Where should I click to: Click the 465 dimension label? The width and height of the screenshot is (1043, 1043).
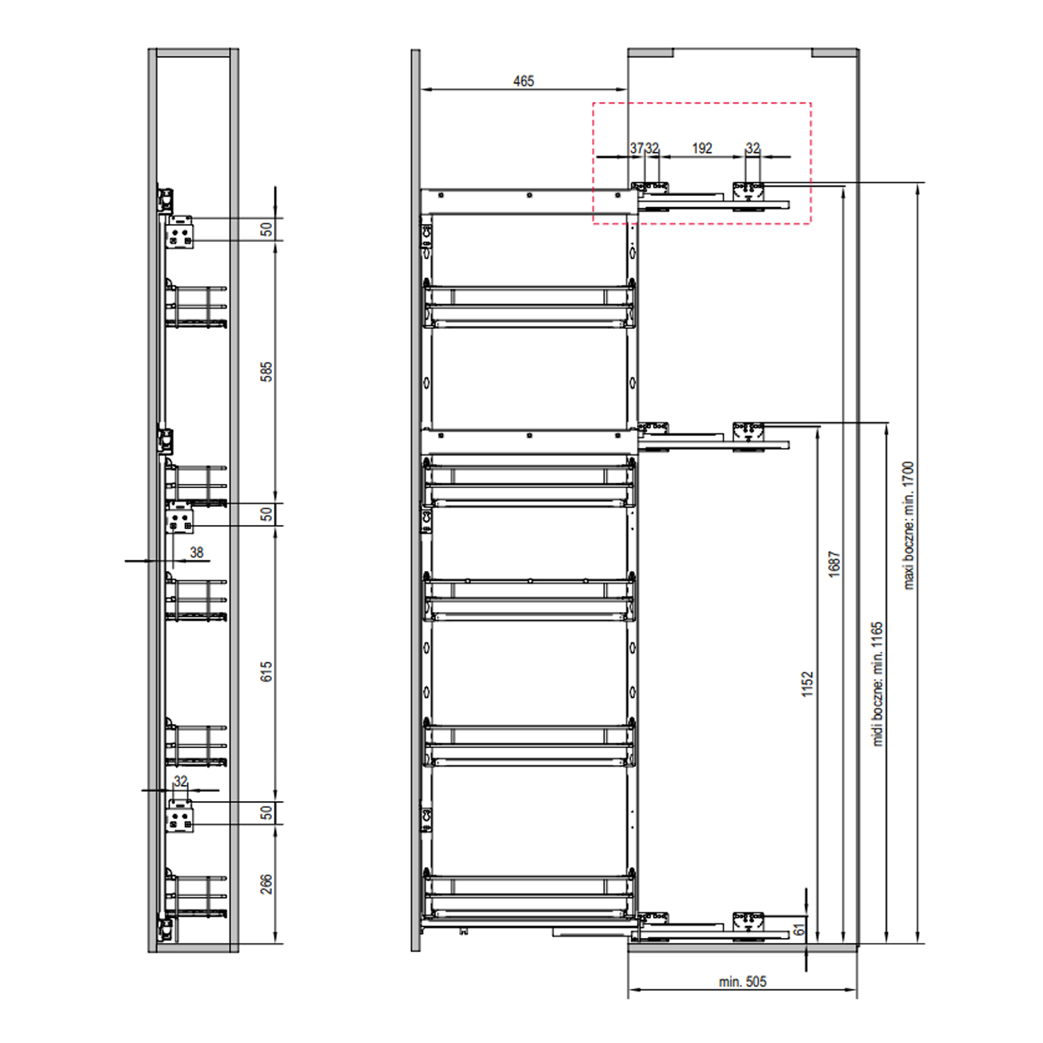pos(524,81)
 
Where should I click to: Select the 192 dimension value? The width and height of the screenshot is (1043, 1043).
pos(702,148)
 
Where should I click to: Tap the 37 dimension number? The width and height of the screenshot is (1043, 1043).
pos(636,148)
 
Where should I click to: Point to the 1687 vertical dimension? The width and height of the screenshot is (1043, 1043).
pos(834,564)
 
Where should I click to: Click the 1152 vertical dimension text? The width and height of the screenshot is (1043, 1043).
pos(807,684)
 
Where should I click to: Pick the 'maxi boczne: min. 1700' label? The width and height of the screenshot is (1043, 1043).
pos(908,526)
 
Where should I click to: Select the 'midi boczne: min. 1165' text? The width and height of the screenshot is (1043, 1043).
pos(878,684)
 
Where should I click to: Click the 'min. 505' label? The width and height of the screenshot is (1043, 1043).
pos(743,982)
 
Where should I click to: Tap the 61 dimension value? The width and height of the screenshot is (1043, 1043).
pos(799,929)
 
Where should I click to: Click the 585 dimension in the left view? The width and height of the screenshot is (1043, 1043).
pos(266,371)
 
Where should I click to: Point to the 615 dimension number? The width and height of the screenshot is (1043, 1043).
pos(266,671)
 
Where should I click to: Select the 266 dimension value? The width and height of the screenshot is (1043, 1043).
pos(266,884)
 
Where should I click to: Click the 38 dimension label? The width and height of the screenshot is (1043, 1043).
pos(197,552)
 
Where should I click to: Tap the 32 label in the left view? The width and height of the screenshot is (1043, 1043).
pos(181,781)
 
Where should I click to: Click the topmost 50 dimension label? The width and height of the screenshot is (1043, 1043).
pos(266,229)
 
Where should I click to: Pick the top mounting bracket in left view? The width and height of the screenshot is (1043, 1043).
pos(180,232)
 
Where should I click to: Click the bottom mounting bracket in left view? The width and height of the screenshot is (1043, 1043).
pos(180,815)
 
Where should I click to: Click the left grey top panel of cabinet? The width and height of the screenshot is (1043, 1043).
pos(651,53)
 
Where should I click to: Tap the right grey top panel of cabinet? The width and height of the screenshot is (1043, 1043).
pos(835,53)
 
